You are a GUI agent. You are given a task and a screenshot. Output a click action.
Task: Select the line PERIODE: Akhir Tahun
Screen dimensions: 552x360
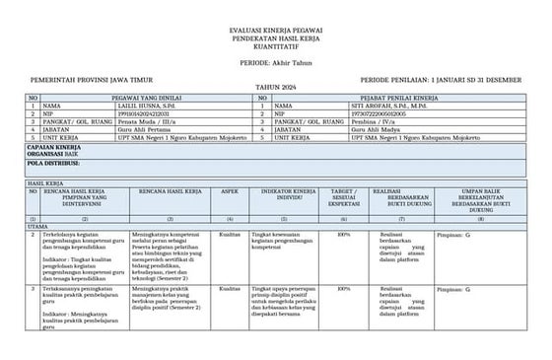pyautogui.click(x=275, y=62)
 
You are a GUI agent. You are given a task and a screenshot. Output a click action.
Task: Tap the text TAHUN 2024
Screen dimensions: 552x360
pyautogui.click(x=275, y=88)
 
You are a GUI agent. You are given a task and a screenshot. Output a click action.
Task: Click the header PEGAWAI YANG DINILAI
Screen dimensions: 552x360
pyautogui.click(x=143, y=98)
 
